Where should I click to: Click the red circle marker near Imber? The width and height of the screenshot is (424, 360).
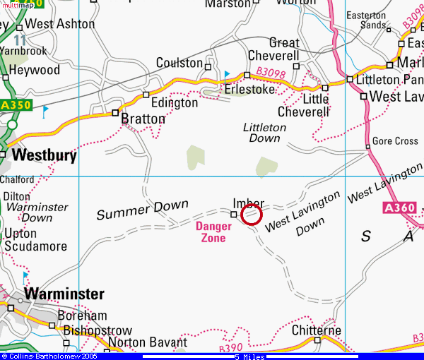(252, 214)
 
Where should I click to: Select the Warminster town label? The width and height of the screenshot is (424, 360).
(64, 294)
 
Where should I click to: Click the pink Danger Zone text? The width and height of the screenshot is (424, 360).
(213, 232)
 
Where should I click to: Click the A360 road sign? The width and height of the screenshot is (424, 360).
(399, 208)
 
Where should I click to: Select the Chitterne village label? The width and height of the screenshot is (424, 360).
(317, 330)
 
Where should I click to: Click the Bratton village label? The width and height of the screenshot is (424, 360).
(143, 119)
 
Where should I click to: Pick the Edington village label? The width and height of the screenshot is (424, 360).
(175, 103)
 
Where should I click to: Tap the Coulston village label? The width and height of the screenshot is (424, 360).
(179, 64)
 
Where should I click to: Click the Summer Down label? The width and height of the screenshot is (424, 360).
(134, 210)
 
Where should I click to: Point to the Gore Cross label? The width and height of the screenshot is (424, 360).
(395, 141)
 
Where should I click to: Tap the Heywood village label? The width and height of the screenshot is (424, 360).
(35, 71)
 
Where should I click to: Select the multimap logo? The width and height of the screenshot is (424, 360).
(17, 4)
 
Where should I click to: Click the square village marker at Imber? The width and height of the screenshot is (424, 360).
(234, 214)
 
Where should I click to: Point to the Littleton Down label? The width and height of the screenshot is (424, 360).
(264, 133)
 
